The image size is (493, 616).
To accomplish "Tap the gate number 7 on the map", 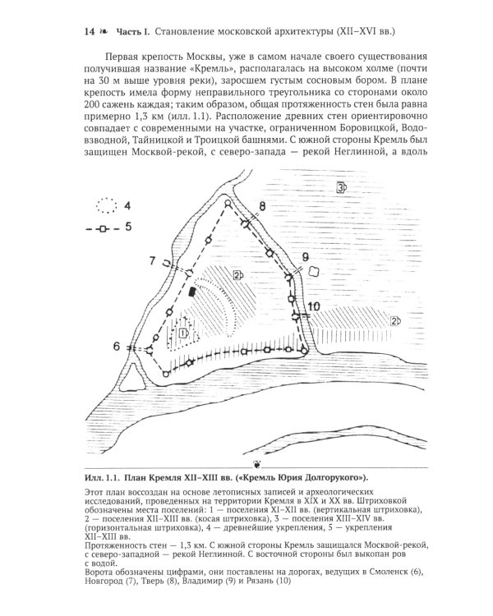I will coord(153,260).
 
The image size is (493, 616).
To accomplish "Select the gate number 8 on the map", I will coord(261,205).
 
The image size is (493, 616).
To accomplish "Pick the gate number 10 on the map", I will coord(314,307).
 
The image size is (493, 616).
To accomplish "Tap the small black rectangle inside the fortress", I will coord(192,291).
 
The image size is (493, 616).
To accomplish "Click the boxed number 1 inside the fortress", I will coord(183,333).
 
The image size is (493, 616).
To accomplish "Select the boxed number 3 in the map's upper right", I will coord(339,188).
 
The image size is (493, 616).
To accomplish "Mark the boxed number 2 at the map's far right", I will coord(395,320).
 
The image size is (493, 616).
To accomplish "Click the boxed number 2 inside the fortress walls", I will coord(237,274).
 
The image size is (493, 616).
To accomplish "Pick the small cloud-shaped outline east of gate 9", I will coord(316,277).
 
